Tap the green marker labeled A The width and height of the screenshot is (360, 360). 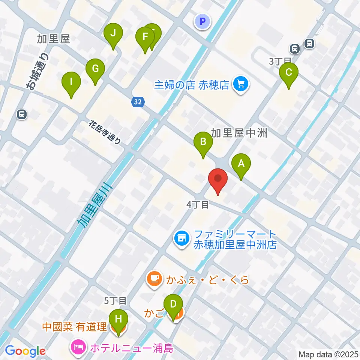[241, 164]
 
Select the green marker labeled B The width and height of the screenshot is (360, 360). [203, 142]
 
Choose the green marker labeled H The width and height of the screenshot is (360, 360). [118, 320]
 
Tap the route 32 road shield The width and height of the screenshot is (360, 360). [138, 102]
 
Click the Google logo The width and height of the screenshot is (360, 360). [25, 351]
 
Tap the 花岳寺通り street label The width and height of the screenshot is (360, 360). [105, 132]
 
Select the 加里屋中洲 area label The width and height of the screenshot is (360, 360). [239, 133]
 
